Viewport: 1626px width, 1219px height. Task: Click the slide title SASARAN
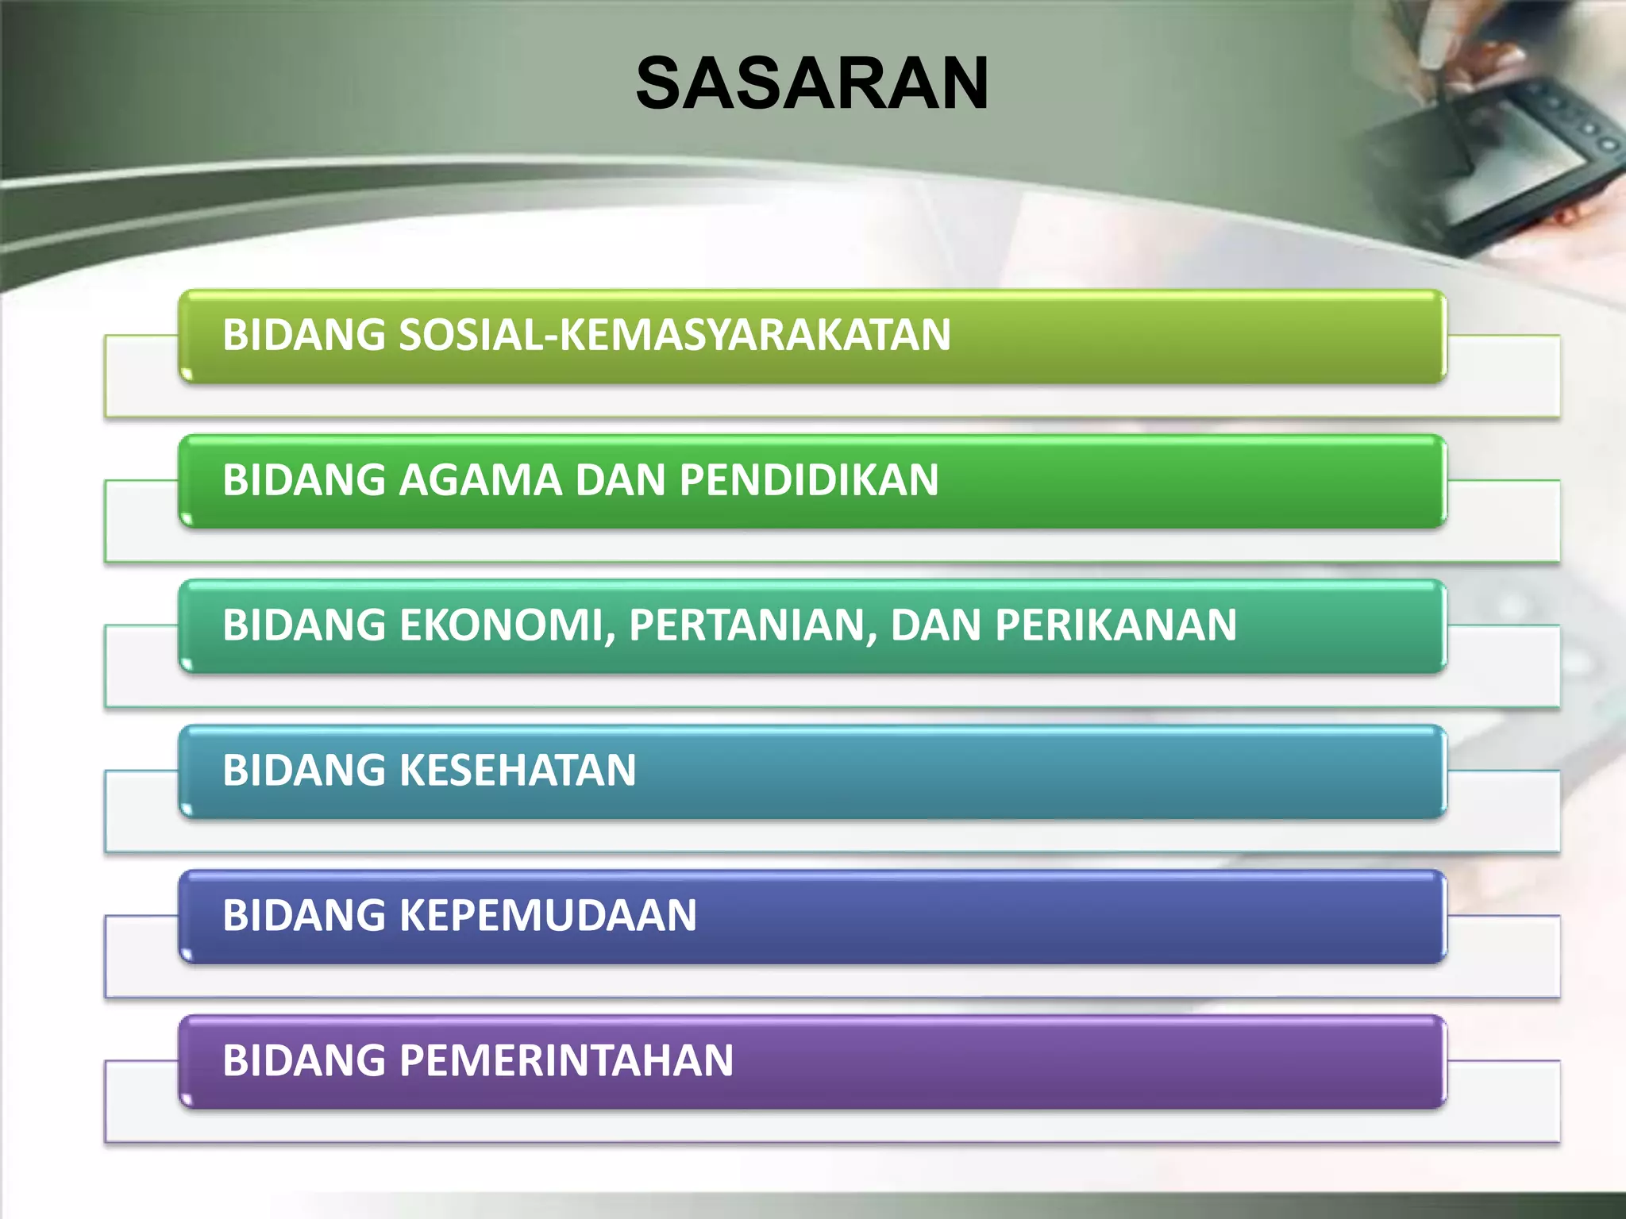(811, 83)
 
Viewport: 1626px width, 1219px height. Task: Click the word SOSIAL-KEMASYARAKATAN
(674, 335)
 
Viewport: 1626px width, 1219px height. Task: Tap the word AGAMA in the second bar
(480, 480)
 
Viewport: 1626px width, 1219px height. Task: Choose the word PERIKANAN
(1115, 625)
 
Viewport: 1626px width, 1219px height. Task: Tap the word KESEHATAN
(517, 771)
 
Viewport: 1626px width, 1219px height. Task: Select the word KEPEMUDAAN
(547, 916)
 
